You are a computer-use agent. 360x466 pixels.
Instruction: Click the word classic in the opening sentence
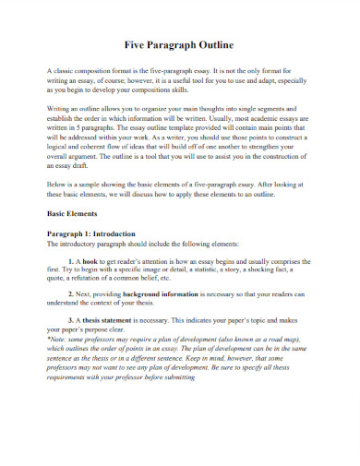(63, 71)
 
